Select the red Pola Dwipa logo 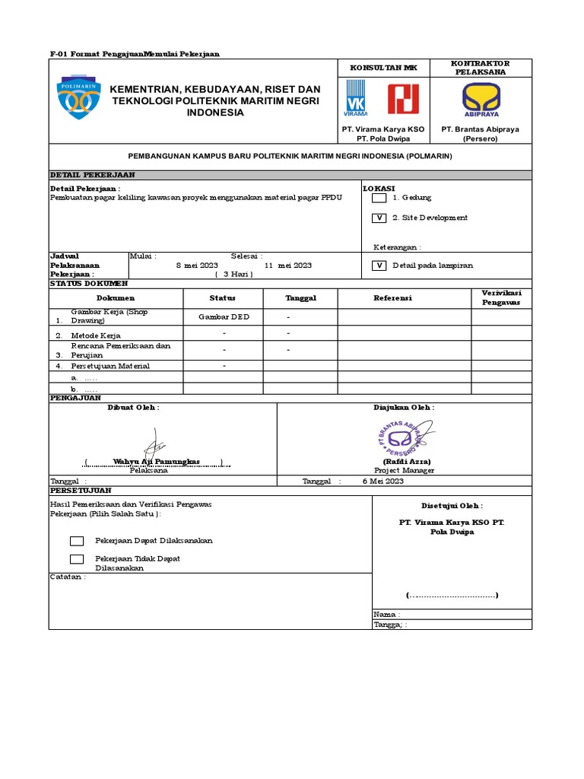click(403, 99)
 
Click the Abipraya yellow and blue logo click(481, 100)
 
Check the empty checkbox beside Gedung click(379, 198)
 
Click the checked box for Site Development click(379, 218)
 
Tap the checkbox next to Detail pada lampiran click(379, 265)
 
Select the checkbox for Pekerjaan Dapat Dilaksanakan click(77, 541)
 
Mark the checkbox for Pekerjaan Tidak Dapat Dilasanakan click(77, 559)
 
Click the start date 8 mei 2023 click(197, 265)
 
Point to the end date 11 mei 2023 click(288, 265)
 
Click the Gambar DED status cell click(224, 316)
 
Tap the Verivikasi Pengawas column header click(500, 297)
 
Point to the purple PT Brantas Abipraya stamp click(405, 437)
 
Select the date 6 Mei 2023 click(383, 482)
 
